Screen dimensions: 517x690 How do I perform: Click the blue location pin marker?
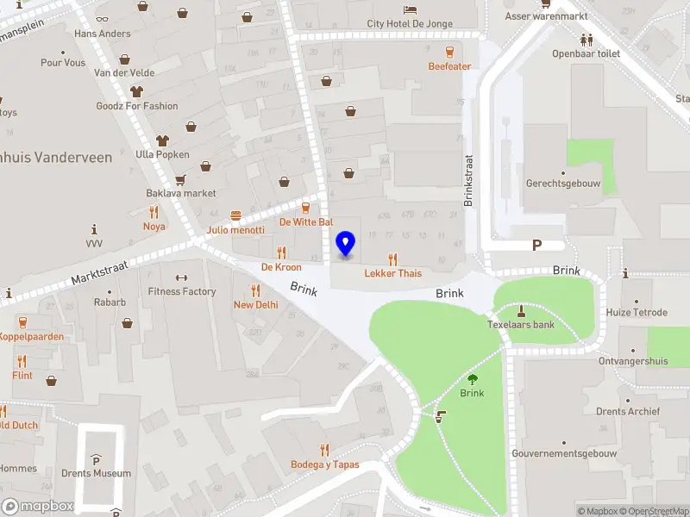pyautogui.click(x=346, y=244)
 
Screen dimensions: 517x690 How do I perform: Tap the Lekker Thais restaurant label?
pyautogui.click(x=393, y=273)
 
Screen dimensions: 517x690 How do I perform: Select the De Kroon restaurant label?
pyautogui.click(x=281, y=267)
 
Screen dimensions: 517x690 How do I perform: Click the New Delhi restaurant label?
pyautogui.click(x=255, y=305)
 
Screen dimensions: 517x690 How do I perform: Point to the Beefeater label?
pyautogui.click(x=449, y=66)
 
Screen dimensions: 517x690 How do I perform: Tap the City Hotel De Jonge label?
pyautogui.click(x=410, y=24)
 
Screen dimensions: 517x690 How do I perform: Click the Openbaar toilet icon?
pyautogui.click(x=586, y=40)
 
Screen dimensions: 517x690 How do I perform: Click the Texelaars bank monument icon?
pyautogui.click(x=521, y=310)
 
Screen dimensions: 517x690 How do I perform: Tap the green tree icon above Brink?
pyautogui.click(x=472, y=378)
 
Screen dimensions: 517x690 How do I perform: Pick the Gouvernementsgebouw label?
pyautogui.click(x=564, y=453)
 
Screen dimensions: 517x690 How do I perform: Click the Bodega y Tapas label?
pyautogui.click(x=325, y=465)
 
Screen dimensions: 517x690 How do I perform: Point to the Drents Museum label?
pyautogui.click(x=97, y=473)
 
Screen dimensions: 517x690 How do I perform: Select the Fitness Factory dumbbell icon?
pyautogui.click(x=181, y=277)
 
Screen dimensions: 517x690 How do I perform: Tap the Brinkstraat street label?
pyautogui.click(x=469, y=181)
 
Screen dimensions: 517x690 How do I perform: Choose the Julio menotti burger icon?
pyautogui.click(x=235, y=216)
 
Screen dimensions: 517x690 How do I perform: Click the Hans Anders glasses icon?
pyautogui.click(x=102, y=18)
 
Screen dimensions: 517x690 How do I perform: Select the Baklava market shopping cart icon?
pyautogui.click(x=180, y=179)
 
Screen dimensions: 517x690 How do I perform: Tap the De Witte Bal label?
pyautogui.click(x=306, y=221)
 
